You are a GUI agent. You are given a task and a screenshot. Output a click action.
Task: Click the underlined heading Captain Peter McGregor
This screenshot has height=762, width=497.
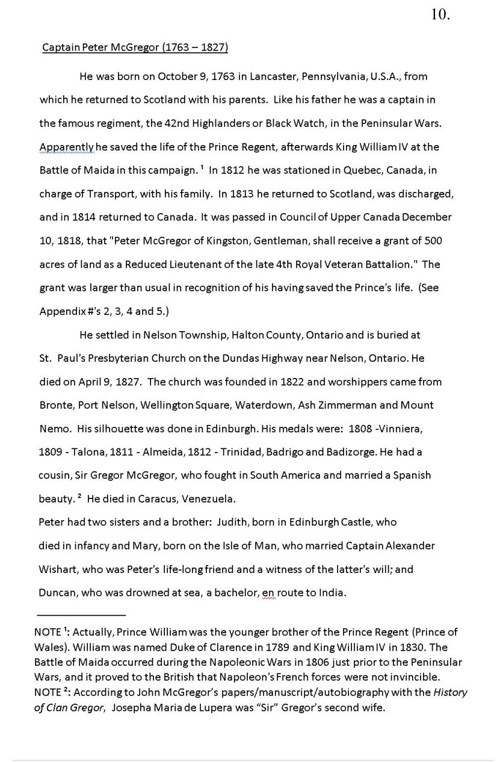pos(135,48)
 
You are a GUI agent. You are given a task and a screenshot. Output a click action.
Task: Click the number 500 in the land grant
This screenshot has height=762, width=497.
pos(433,241)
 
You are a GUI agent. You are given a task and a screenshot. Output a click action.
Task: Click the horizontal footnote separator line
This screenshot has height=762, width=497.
pos(81,615)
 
